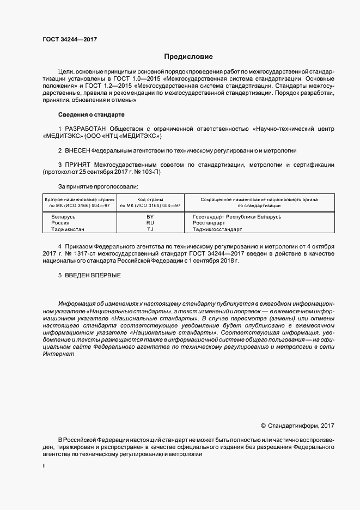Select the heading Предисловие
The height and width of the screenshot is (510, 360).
(188, 57)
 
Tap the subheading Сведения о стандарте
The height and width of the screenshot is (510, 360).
(91, 115)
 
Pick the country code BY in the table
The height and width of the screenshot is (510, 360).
(150, 216)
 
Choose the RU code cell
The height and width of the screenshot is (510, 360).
(150, 223)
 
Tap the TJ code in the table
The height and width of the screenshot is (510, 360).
(150, 229)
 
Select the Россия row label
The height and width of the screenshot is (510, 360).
(60, 223)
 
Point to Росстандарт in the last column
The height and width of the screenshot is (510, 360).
(209, 223)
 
